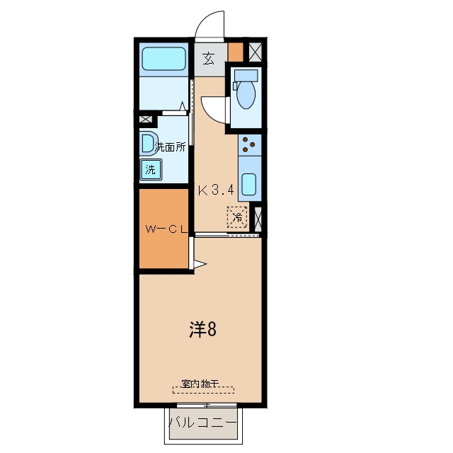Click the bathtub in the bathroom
(x=164, y=59)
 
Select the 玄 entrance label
(x=209, y=59)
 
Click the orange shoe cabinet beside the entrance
(x=236, y=52)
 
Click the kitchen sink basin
(x=248, y=184)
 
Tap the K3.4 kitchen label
(x=216, y=190)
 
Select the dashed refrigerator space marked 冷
(x=237, y=217)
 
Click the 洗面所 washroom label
(x=170, y=147)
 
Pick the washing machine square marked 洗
(x=151, y=170)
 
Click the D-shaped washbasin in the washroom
(x=149, y=144)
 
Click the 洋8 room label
(x=203, y=330)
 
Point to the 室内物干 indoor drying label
(x=200, y=384)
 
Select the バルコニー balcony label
(x=203, y=423)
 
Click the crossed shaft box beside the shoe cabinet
(x=256, y=52)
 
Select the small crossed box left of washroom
(x=145, y=119)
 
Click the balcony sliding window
(x=207, y=406)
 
